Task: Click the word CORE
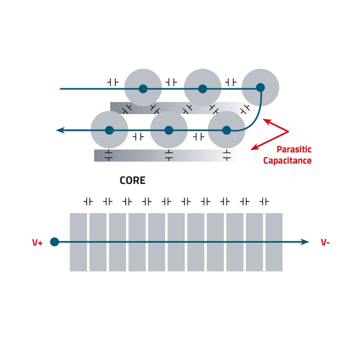[132, 181]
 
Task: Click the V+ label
[38, 242]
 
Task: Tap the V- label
[325, 242]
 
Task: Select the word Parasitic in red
[294, 150]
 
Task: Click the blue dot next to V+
[55, 242]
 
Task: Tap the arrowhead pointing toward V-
[305, 242]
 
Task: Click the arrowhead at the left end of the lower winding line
[60, 130]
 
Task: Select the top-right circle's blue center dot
[260, 87]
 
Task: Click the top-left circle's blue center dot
[143, 88]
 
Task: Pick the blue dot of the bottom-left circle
[109, 130]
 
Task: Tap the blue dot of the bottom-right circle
[226, 130]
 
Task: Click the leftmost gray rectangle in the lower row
[78, 242]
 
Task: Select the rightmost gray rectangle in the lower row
[274, 242]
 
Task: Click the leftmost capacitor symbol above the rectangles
[88, 201]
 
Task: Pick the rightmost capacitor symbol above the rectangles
[264, 201]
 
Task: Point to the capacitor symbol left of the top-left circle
[112, 82]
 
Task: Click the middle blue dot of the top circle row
[202, 88]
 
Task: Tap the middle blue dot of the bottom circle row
[168, 130]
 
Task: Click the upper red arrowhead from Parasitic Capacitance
[267, 120]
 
